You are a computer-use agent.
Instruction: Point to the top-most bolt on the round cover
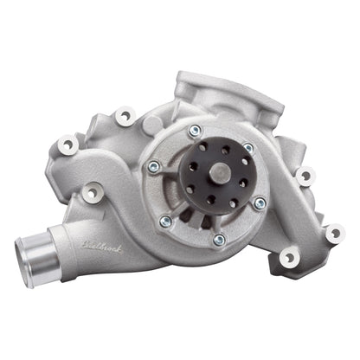coord(196,131)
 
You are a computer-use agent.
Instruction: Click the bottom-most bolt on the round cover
coord(219,239)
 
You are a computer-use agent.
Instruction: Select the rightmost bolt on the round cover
coord(260,202)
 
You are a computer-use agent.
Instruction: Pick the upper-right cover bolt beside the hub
coord(249,149)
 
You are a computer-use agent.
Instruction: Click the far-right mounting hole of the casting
coord(334,232)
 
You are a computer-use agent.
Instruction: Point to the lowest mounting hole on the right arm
coord(288,257)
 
